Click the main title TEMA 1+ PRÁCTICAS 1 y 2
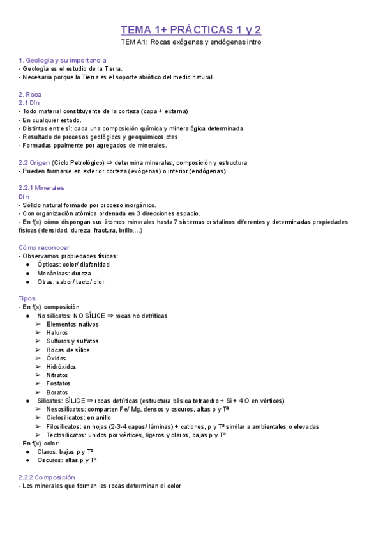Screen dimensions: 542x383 pos(191,29)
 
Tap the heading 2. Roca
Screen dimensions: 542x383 pos(30,94)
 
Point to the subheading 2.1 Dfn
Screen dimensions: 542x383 pos(29,102)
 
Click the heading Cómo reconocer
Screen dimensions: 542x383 pos(44,247)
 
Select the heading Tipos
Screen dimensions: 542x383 pos(27,298)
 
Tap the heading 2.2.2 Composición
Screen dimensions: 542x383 pos(47,477)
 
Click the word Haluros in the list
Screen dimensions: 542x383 pos(57,332)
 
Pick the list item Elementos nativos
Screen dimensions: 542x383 pos(72,324)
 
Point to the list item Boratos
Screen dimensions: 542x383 pos(57,392)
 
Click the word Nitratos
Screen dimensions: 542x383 pos(57,375)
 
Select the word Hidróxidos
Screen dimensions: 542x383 pos(61,367)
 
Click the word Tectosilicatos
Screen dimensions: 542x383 pos(67,435)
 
